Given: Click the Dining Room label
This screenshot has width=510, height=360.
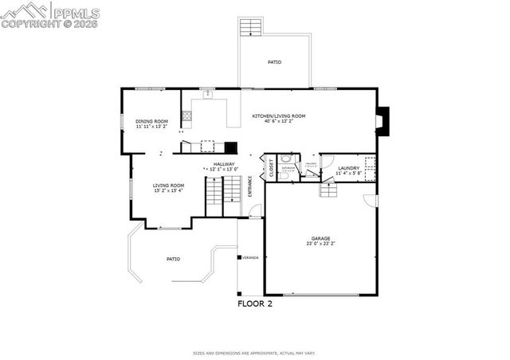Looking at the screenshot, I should pos(151,121).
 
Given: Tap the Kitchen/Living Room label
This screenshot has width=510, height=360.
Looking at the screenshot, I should pos(278,116).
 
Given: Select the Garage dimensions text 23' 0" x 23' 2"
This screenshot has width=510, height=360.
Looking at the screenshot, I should pos(322,243).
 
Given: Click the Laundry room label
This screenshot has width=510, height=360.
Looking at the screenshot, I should pos(348,167).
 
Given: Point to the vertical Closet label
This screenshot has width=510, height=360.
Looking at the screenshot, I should pos(271,167).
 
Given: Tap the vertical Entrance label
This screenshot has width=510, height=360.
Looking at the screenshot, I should pos(249,186).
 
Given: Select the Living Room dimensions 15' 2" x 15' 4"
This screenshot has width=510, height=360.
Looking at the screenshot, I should pos(168,190).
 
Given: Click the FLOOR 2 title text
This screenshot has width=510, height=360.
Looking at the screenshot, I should pos(255,303).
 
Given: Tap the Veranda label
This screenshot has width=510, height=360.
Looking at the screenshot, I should pos(251,257).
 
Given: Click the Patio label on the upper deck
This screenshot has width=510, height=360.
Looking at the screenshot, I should pos(273,62).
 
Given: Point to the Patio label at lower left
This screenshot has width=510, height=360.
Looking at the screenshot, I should pos(173,259).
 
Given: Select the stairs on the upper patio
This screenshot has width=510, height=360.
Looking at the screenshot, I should pos(251,26).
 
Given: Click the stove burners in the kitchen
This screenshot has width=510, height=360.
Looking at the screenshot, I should pos(186,116).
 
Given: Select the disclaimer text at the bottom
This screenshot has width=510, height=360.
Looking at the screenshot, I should pos(254,351).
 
